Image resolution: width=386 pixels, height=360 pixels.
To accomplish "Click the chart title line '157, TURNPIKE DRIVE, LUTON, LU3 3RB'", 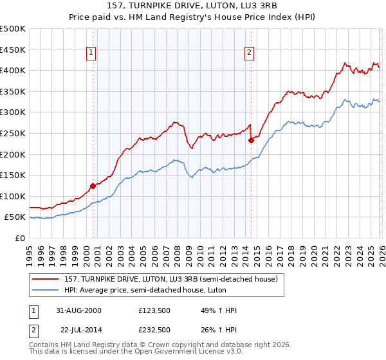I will point(193,6).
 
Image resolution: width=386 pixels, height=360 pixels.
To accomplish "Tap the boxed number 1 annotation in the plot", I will point(92,53).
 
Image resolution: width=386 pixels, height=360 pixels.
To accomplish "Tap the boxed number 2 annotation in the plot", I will point(249,53).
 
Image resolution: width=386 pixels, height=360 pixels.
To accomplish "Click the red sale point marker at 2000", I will point(93,186).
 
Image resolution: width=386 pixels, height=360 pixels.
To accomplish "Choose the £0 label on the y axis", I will point(19,238).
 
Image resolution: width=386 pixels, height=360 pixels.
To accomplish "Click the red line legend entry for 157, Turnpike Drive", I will point(170,279).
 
